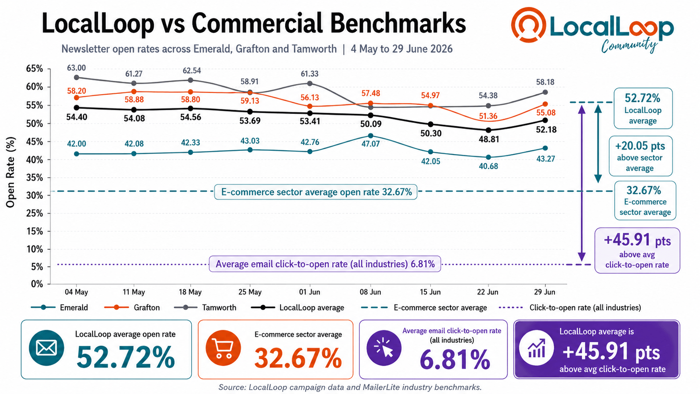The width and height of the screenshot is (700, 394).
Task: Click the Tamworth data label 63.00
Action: [76, 68]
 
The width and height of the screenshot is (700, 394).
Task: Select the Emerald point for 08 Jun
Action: [371, 136]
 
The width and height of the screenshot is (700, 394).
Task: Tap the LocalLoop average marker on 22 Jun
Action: [489, 130]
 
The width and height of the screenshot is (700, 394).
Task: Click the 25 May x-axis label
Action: [250, 292]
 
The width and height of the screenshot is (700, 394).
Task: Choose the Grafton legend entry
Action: [132, 308]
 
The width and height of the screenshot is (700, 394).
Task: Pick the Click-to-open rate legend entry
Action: [570, 308]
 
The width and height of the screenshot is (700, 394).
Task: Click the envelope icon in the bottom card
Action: [47, 348]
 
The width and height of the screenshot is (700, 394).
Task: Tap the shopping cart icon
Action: [223, 348]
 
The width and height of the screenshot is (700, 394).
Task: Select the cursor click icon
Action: [384, 348]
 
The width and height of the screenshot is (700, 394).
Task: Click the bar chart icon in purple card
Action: [537, 348]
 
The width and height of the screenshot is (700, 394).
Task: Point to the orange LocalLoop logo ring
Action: [528, 25]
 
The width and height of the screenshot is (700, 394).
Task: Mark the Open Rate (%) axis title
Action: [10, 172]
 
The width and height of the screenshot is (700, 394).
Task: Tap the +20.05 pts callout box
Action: [640, 156]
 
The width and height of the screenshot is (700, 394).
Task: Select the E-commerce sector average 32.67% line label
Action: [316, 192]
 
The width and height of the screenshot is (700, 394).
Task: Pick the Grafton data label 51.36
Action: [488, 116]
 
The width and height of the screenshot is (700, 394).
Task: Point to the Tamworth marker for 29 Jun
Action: [546, 92]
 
